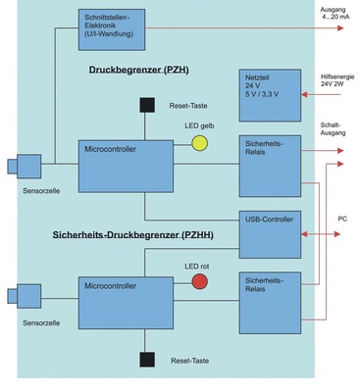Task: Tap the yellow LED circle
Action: click(x=199, y=143)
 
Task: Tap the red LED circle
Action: click(x=199, y=282)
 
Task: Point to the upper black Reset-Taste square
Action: click(x=147, y=105)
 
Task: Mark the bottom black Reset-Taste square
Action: click(x=147, y=359)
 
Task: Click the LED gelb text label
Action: click(x=199, y=126)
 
